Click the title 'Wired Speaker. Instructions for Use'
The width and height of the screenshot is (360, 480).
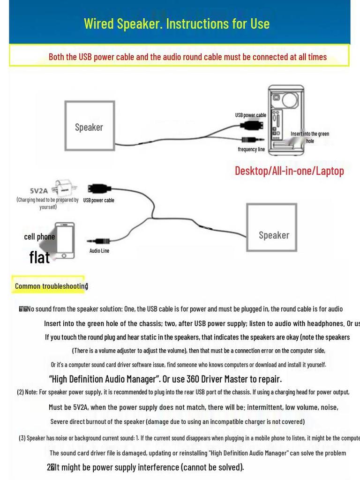177,23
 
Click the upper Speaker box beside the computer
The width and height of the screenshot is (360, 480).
89,126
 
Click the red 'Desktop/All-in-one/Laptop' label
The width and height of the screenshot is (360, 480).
289,171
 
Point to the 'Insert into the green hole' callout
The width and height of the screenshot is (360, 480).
310,137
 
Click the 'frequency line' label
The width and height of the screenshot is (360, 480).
251,150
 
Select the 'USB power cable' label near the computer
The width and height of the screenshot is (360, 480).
250,115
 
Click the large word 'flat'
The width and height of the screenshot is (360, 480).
39,257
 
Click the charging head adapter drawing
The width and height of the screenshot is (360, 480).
63,188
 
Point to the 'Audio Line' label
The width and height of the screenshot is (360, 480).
99,251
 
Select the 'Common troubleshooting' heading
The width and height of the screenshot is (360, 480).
51,286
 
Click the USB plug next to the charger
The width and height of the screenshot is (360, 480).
99,189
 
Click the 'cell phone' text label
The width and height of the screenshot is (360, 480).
39,237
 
